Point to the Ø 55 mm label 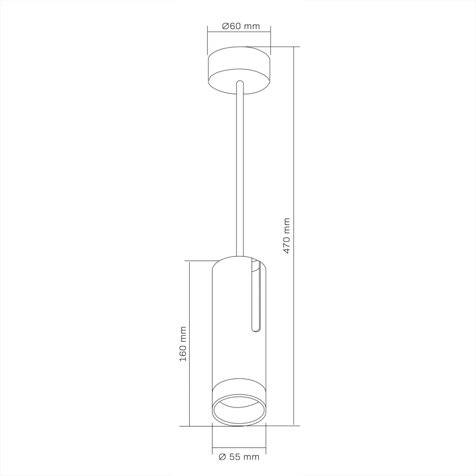tap(239, 456)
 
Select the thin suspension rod tap(239, 175)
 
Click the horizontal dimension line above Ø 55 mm tap(239, 448)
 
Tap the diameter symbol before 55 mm tap(222, 456)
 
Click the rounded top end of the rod tap(239, 83)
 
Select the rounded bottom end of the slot tap(255, 330)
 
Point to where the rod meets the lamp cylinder tap(239, 257)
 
